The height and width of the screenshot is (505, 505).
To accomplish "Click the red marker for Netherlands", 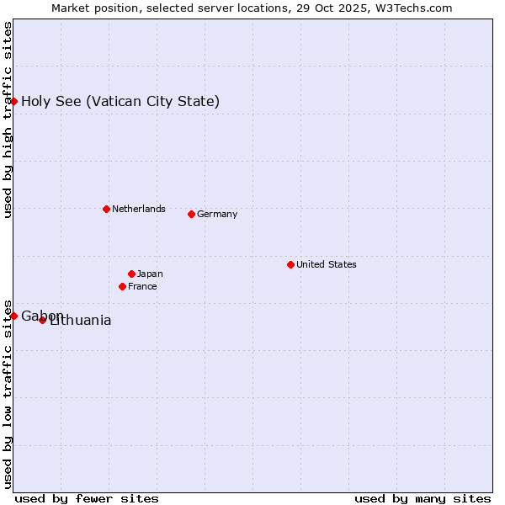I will click(x=106, y=209).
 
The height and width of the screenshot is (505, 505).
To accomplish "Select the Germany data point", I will click(x=191, y=214).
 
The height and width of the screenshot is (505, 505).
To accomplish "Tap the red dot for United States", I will click(x=290, y=264).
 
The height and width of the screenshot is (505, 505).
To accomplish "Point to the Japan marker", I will click(x=131, y=274).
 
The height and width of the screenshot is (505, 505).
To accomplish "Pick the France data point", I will click(x=122, y=286).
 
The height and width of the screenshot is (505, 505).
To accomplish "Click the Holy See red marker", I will click(x=13, y=101).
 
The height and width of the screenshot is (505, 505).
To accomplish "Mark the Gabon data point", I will click(x=13, y=316).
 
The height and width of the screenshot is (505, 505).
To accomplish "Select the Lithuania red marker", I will click(x=42, y=320).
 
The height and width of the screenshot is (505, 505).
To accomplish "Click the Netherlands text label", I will click(x=138, y=209).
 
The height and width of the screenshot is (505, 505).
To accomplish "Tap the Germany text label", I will click(x=217, y=214).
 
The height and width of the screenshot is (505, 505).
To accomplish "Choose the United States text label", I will click(x=326, y=264).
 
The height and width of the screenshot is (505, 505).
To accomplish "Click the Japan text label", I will click(x=150, y=274).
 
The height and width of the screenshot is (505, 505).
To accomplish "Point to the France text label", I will click(x=142, y=286).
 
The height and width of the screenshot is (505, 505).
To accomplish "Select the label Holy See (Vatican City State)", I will click(x=120, y=102).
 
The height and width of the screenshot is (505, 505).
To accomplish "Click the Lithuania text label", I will click(x=81, y=321).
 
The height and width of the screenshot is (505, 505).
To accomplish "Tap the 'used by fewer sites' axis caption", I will click(x=87, y=498).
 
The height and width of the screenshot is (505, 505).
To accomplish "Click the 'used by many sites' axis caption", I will click(x=423, y=498).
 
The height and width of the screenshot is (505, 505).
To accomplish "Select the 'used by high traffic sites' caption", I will click(x=8, y=120).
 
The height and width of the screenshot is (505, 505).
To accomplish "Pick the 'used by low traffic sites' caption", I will click(x=8, y=393).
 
